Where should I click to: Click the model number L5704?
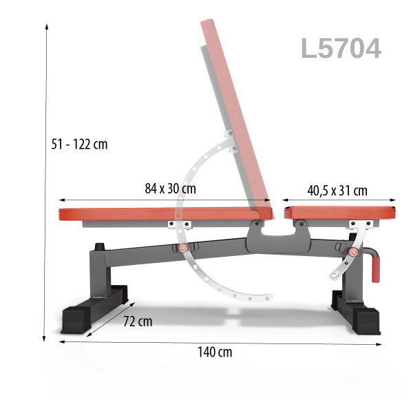point(341,48)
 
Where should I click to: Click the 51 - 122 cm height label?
point(79,145)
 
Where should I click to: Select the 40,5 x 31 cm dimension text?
point(337,191)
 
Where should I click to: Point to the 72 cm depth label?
point(138,321)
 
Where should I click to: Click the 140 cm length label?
point(215,352)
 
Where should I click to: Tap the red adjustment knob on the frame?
point(183,248)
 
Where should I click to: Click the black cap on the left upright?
point(99,245)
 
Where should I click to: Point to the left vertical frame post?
point(96,275)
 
